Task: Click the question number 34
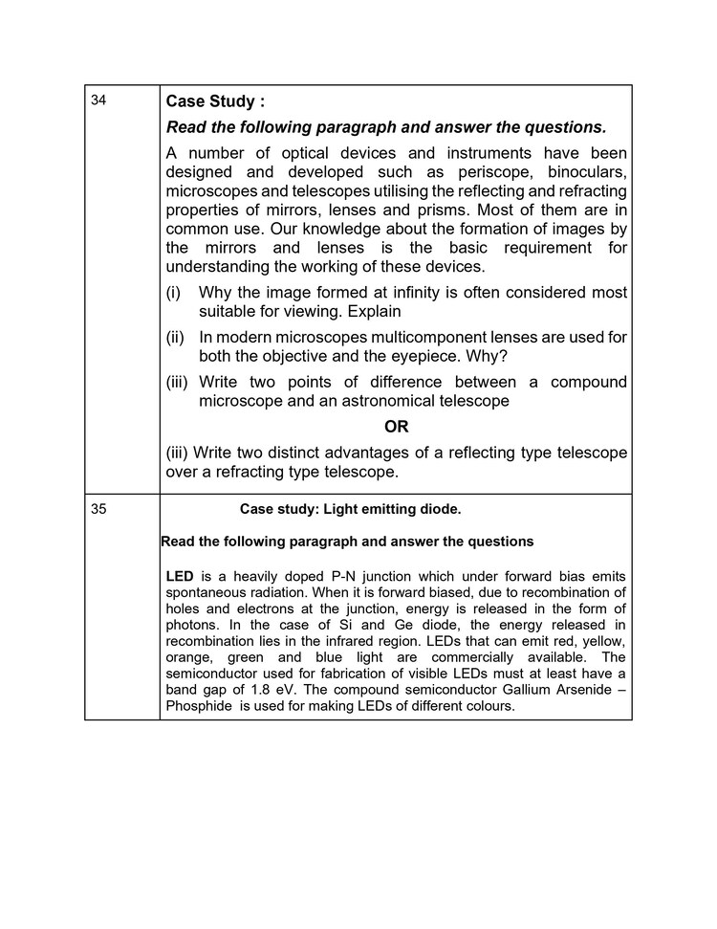pyautogui.click(x=98, y=100)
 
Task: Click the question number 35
pyautogui.click(x=98, y=509)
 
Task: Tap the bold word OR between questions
pyautogui.click(x=396, y=427)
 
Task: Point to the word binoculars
pyautogui.click(x=587, y=172)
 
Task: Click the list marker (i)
pyautogui.click(x=173, y=292)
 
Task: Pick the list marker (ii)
pyautogui.click(x=175, y=337)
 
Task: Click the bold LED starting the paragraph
pyautogui.click(x=180, y=576)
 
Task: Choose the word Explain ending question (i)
pyautogui.click(x=375, y=311)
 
